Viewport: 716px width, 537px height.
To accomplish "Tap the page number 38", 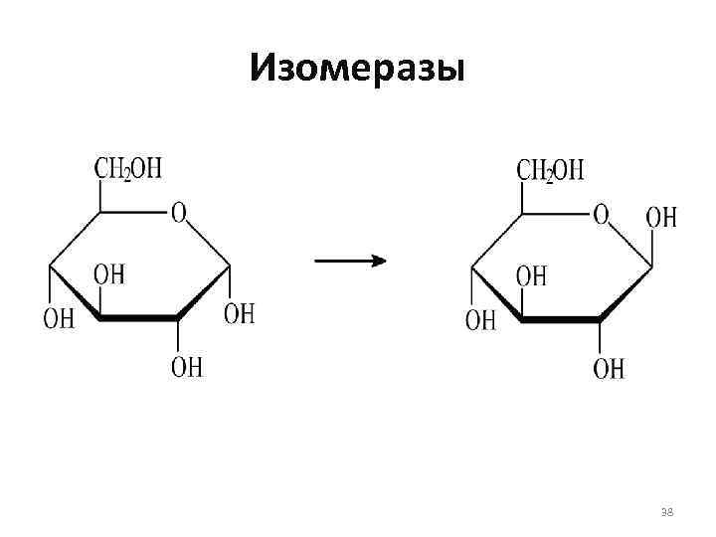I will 667,512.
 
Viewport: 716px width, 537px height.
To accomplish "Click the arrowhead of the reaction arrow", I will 378,261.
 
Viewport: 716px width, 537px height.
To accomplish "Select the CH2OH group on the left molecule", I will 128,168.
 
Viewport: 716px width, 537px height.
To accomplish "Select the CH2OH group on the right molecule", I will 550,170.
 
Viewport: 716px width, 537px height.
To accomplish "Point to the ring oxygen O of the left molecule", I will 178,213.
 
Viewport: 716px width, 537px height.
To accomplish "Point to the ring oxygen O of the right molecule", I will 601,214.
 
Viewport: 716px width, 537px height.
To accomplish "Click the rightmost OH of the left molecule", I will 239,313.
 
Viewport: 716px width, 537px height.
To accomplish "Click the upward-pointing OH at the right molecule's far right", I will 661,217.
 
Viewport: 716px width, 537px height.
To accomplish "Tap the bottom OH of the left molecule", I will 186,367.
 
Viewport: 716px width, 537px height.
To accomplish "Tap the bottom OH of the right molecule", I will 609,369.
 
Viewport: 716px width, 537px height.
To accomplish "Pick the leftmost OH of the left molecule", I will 58,318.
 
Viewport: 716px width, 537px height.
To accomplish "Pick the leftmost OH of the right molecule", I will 480,320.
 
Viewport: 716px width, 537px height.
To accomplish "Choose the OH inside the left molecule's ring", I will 109,273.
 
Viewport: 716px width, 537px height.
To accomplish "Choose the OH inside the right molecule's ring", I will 531,275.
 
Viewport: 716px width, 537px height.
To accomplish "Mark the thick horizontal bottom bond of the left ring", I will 138,318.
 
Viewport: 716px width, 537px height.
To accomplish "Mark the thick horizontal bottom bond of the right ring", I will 561,320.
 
